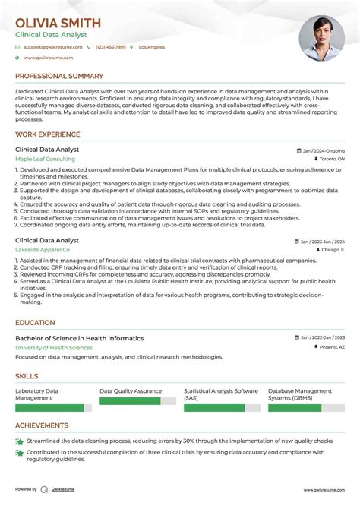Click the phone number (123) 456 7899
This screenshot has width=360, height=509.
pyautogui.click(x=110, y=47)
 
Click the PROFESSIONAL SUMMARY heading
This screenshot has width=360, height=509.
pyautogui.click(x=59, y=76)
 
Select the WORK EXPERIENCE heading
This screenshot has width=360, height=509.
pyautogui.click(x=48, y=134)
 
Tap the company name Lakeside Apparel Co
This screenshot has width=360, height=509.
pyautogui.click(x=43, y=249)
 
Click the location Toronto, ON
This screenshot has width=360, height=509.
pyautogui.click(x=331, y=160)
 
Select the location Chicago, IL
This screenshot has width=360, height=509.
pyautogui.click(x=332, y=249)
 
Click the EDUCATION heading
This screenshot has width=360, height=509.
pyautogui.click(x=35, y=323)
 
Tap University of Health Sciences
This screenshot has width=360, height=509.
pyautogui.click(x=54, y=347)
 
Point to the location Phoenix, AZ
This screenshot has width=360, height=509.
pyautogui.click(x=331, y=347)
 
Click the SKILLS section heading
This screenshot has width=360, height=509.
pyautogui.click(x=27, y=376)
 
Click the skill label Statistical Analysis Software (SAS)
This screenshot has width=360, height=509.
pyautogui.click(x=221, y=394)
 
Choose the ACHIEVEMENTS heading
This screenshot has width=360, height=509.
pyautogui.click(x=42, y=425)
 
